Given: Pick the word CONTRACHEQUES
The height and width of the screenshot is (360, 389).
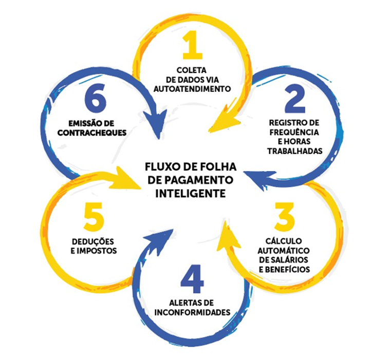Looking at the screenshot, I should pyautogui.click(x=97, y=132).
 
